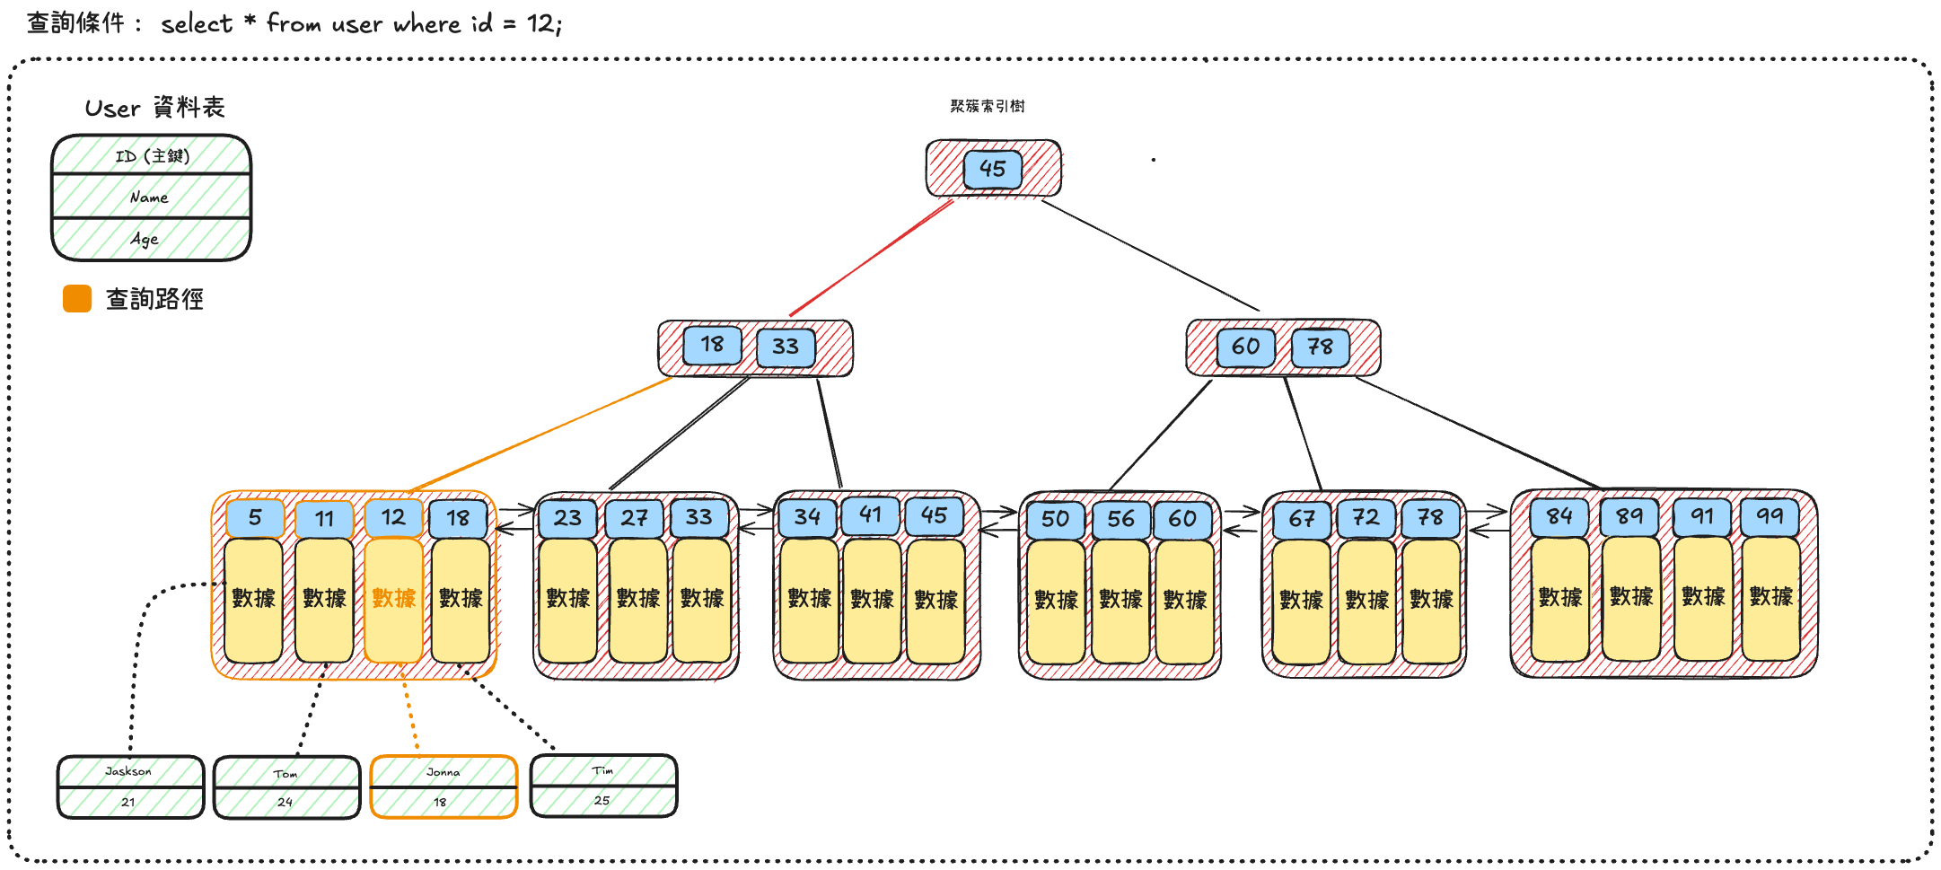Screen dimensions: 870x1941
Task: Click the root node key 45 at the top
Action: [x=992, y=169]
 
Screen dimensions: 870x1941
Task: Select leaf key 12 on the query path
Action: [x=393, y=518]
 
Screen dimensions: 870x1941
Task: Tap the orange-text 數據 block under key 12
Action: [x=393, y=599]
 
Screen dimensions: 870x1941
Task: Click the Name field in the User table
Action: [x=150, y=198]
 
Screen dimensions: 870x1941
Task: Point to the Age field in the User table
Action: [x=145, y=239]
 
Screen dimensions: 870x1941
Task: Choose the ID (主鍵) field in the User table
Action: [x=152, y=156]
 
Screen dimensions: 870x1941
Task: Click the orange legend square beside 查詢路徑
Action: [x=77, y=299]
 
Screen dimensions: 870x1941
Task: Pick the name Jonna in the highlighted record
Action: [x=443, y=772]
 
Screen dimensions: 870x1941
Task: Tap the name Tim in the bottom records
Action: [x=602, y=770]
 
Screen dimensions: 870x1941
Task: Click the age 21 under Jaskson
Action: [x=128, y=802]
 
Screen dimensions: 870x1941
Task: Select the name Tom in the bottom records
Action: [x=285, y=774]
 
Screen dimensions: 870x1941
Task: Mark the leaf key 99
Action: [x=1770, y=516]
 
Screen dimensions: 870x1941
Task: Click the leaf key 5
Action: [x=255, y=518]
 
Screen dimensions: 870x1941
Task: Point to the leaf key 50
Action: [x=1055, y=519]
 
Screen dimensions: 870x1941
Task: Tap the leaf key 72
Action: [x=1366, y=518]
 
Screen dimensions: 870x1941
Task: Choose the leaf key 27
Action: [x=634, y=518]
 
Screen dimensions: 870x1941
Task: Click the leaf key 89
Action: [x=1629, y=516]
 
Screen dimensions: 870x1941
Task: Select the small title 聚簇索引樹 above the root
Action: [x=988, y=106]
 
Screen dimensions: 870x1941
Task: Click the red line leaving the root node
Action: [x=871, y=259]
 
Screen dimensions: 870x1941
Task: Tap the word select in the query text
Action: [x=197, y=24]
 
